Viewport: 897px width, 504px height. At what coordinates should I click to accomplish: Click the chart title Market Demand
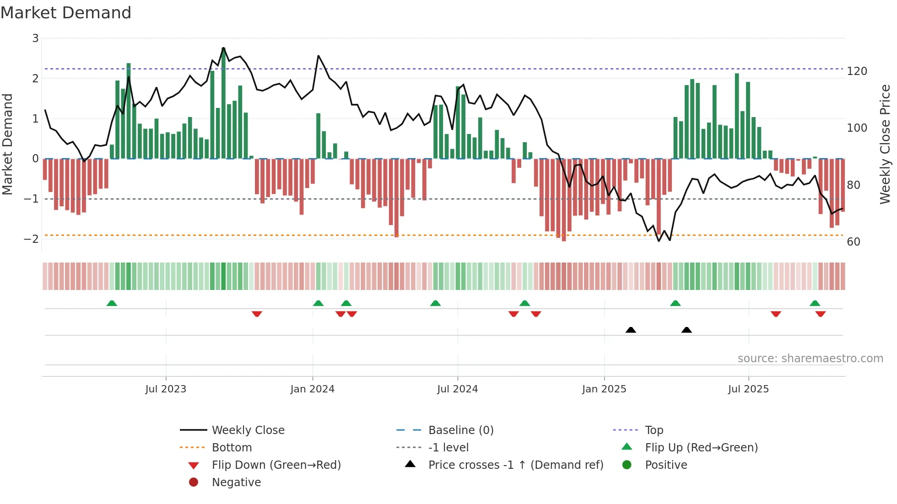pyautogui.click(x=66, y=13)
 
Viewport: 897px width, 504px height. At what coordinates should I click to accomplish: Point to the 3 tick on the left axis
pyautogui.click(x=35, y=38)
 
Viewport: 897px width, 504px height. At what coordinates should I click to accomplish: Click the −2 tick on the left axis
pyautogui.click(x=32, y=239)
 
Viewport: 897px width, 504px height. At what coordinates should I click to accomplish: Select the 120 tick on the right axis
pyautogui.click(x=857, y=71)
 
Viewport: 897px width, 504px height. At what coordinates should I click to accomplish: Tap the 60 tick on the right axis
pyautogui.click(x=854, y=241)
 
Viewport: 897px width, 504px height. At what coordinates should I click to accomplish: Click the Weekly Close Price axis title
pyautogui.click(x=885, y=144)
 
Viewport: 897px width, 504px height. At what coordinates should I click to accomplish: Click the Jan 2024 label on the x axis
pyautogui.click(x=313, y=389)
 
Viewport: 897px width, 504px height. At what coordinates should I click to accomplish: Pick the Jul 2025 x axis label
pyautogui.click(x=748, y=389)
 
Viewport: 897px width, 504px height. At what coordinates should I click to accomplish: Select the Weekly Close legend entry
pyautogui.click(x=248, y=430)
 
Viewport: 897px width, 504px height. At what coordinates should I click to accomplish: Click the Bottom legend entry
pyautogui.click(x=232, y=448)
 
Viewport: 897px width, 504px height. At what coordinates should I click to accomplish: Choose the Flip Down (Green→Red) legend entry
pyautogui.click(x=276, y=465)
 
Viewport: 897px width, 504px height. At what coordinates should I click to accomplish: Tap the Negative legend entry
pyautogui.click(x=236, y=483)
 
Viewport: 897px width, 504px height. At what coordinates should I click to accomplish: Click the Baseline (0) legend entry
pyautogui.click(x=461, y=430)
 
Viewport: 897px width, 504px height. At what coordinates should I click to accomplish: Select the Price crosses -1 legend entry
pyautogui.click(x=516, y=465)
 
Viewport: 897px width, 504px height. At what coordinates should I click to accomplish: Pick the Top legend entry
pyautogui.click(x=654, y=430)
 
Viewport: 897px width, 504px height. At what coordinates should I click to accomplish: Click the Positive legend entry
pyautogui.click(x=666, y=465)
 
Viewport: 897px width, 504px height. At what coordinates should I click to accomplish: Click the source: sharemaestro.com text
pyautogui.click(x=810, y=359)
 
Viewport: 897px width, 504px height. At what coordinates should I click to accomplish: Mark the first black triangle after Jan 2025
pyautogui.click(x=631, y=330)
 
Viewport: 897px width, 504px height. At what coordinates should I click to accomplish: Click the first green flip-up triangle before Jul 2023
pyautogui.click(x=112, y=303)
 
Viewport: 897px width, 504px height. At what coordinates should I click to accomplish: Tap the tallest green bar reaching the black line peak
pyautogui.click(x=223, y=103)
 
